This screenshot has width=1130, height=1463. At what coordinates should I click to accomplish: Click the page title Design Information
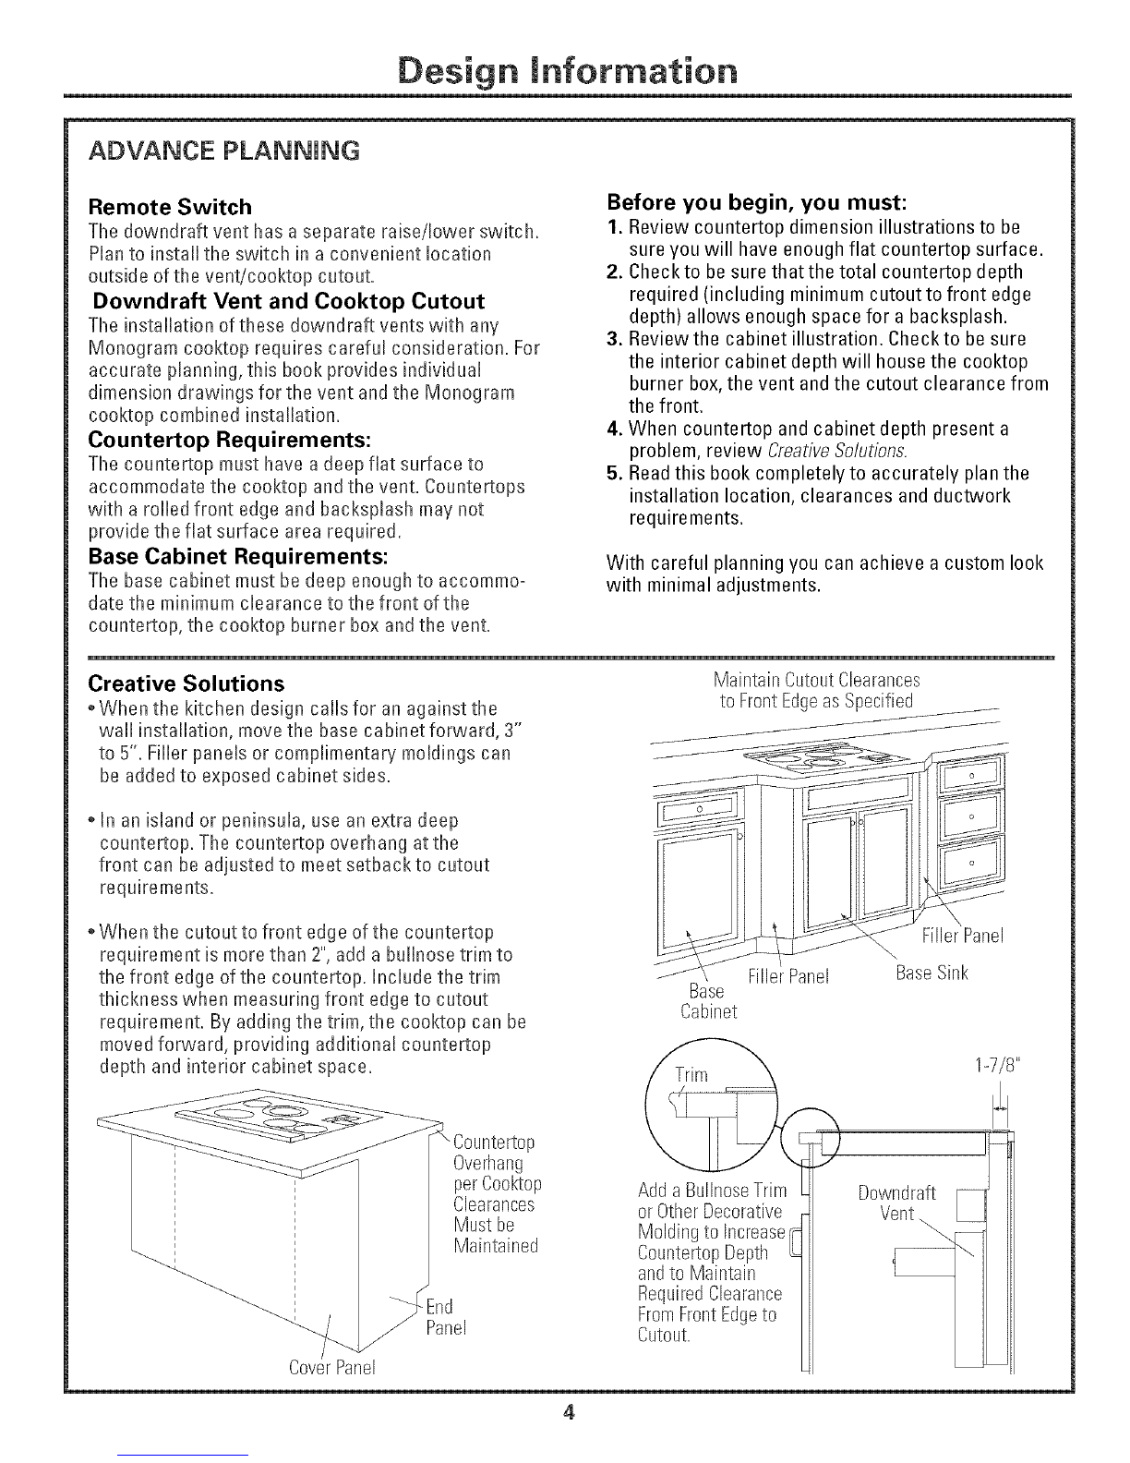point(565,70)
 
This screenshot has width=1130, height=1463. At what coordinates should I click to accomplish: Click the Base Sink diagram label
point(932,973)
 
